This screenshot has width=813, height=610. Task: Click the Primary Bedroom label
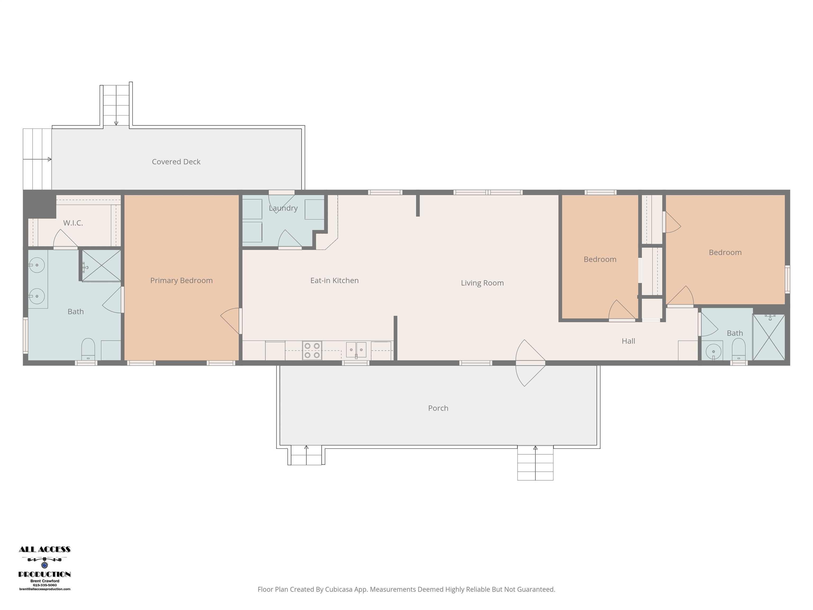(181, 281)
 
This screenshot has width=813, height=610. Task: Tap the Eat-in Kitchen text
(335, 281)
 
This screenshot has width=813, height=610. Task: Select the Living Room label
(482, 283)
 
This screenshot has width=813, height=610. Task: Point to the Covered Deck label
(176, 162)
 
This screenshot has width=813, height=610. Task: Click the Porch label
(438, 408)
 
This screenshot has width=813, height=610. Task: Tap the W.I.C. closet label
(73, 223)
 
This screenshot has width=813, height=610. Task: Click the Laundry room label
(283, 208)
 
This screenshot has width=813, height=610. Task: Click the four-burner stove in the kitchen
(312, 351)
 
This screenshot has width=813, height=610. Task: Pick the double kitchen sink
(356, 350)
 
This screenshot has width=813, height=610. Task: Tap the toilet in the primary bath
(88, 349)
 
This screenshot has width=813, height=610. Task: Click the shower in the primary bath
(101, 266)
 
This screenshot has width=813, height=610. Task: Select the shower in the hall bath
(769, 337)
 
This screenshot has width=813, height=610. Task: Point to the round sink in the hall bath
(713, 352)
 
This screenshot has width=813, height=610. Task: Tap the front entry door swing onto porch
(530, 363)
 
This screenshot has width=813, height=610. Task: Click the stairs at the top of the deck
(116, 105)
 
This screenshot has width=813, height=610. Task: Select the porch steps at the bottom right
(535, 463)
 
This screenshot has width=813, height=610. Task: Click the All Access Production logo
(44, 568)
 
